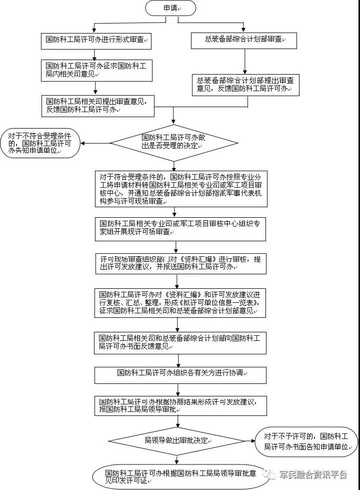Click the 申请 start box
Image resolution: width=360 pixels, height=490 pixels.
170,9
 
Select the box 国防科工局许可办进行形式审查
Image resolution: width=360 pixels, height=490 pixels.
96,41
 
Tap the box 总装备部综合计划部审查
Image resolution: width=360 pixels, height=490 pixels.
244,41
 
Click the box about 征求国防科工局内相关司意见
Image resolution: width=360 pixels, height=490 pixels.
96,70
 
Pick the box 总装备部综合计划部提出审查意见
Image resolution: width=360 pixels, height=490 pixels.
245,85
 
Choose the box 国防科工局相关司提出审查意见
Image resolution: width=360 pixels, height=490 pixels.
97,106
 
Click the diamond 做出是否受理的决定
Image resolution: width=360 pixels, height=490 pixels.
174,143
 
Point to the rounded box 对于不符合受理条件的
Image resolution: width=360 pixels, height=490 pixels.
40,144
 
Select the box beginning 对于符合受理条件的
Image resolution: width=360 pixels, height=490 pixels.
181,189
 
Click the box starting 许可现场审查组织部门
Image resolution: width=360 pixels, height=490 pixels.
181,263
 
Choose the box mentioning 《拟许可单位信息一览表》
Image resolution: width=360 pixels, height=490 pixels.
180,303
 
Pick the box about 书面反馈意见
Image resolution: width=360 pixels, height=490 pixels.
180,343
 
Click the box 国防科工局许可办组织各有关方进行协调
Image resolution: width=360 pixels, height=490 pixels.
180,375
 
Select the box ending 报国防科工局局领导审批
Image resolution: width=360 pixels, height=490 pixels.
181,406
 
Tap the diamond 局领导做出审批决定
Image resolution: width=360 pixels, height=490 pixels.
176,441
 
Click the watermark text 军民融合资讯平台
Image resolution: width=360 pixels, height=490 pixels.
313,474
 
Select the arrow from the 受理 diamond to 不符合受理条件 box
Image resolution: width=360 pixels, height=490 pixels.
95,144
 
